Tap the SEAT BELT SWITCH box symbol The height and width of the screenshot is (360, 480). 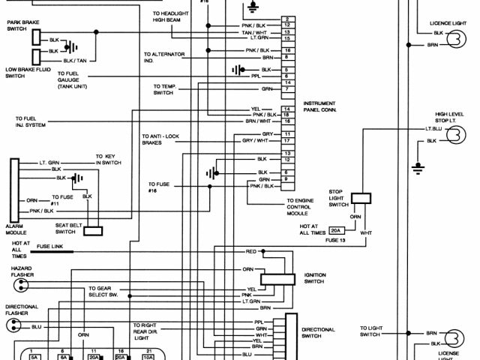click(93, 231)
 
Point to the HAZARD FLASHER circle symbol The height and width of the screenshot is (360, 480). click(14, 286)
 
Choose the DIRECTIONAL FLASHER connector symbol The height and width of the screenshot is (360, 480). click(13, 325)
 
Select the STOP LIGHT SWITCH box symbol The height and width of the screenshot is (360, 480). click(361, 199)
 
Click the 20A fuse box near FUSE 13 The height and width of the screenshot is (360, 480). click(337, 230)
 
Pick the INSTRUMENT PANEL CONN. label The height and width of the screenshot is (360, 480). click(319, 106)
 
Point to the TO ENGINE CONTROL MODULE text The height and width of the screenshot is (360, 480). click(304, 207)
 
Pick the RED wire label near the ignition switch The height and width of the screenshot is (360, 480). click(250, 251)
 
